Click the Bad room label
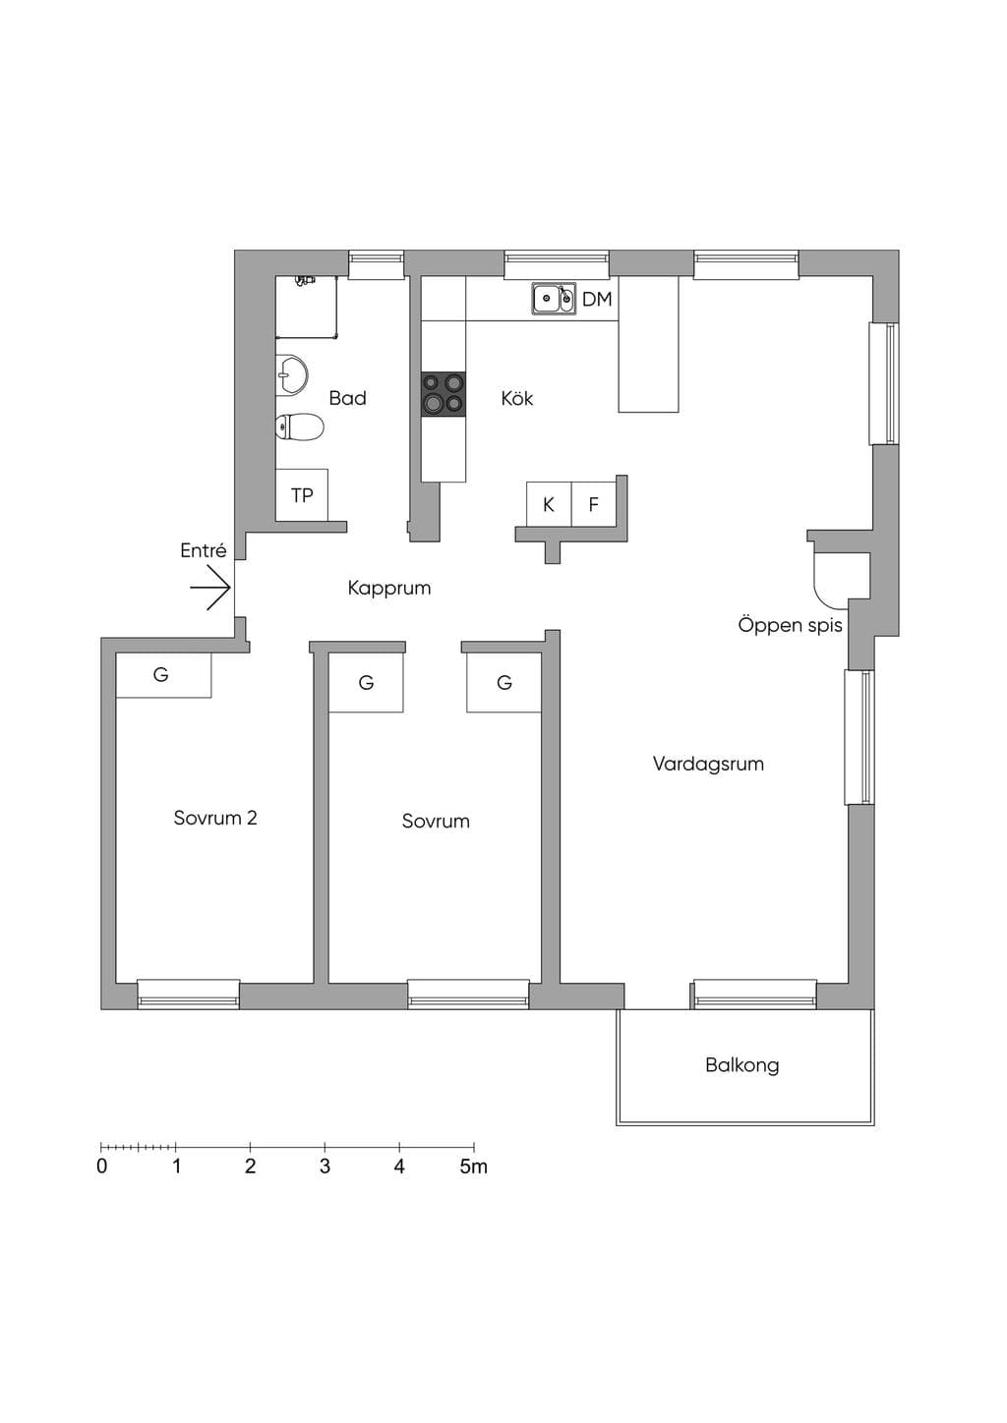(347, 398)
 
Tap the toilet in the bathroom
(299, 426)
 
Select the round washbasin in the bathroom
(292, 374)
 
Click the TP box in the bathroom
(302, 495)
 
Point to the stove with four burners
(444, 394)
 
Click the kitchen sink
(554, 299)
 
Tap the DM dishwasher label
(597, 299)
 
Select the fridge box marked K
(549, 504)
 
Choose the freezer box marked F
(594, 504)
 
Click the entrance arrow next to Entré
(209, 589)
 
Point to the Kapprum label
(389, 589)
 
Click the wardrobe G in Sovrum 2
(163, 675)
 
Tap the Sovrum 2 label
(215, 818)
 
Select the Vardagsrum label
(708, 764)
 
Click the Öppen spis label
(791, 625)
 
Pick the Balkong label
(741, 1065)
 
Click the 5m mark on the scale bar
(474, 1167)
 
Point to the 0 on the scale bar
(101, 1167)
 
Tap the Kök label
(517, 399)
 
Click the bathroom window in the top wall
(377, 265)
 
